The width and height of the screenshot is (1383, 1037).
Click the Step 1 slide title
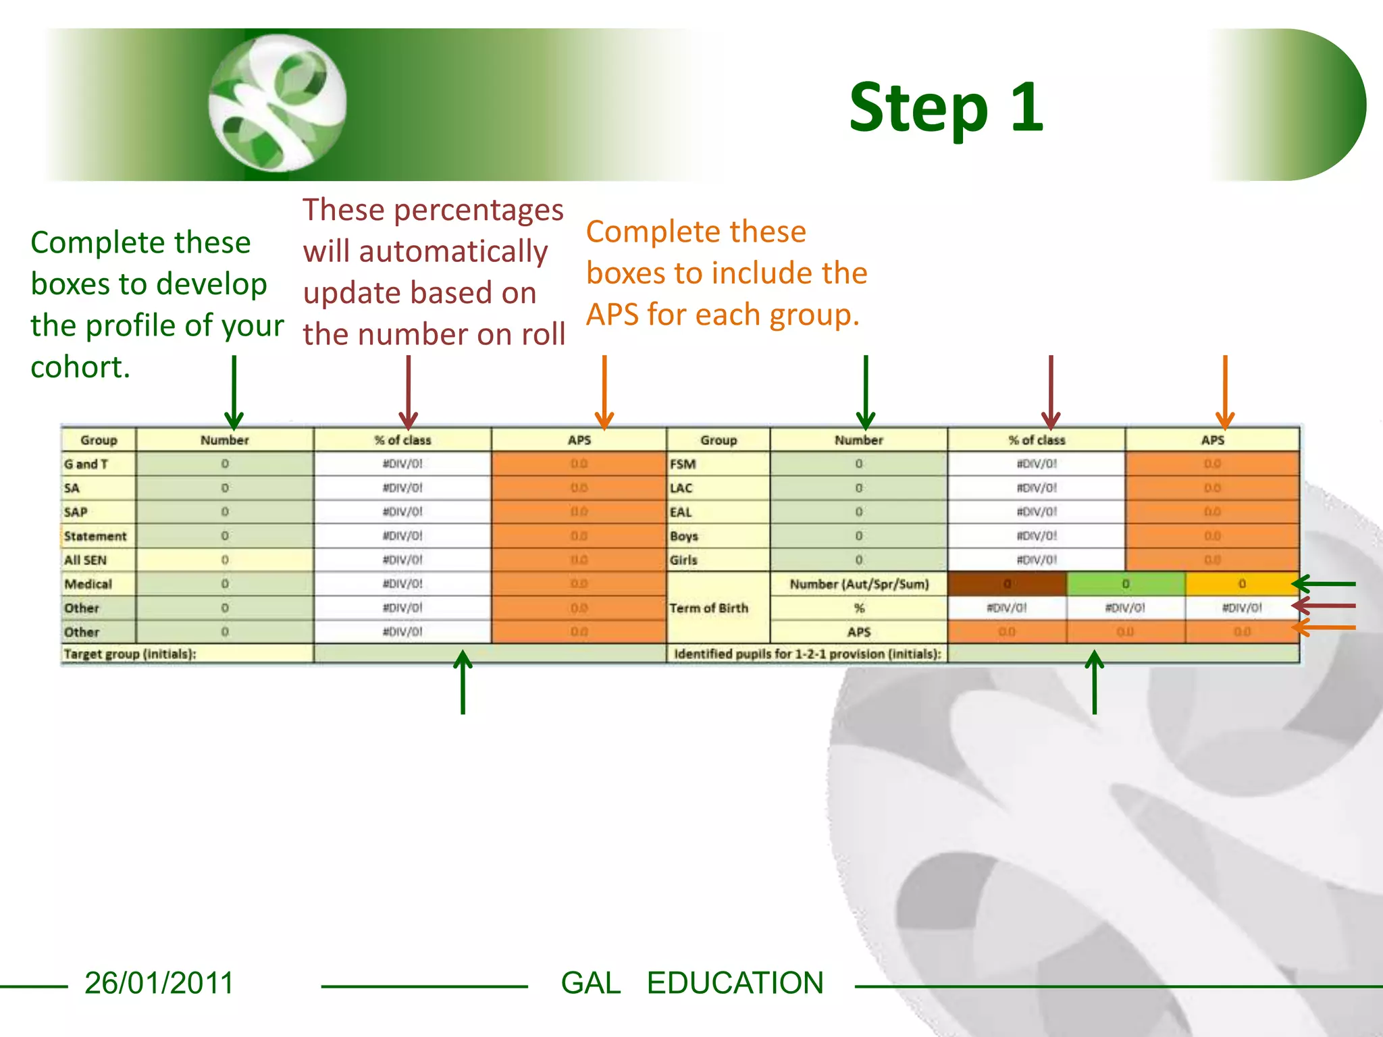[945, 108]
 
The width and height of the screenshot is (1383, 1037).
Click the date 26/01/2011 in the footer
[159, 983]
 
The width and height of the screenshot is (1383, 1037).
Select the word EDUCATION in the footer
[735, 983]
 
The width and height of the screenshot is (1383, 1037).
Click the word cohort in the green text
[80, 367]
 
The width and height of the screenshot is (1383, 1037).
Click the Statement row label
[95, 536]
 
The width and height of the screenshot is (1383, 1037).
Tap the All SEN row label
[86, 560]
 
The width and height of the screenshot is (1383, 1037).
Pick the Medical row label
[88, 584]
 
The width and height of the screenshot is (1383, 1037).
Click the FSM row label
[683, 464]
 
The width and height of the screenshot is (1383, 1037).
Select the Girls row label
[683, 560]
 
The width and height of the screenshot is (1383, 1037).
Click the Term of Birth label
[708, 608]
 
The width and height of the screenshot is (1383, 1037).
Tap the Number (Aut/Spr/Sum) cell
[859, 584]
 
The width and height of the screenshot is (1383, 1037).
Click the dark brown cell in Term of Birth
[1006, 584]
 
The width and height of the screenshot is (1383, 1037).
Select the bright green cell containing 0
[1125, 584]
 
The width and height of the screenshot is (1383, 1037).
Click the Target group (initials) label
[130, 654]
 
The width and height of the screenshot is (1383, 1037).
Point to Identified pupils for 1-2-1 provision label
[807, 654]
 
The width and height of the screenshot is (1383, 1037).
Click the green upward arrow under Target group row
[463, 682]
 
